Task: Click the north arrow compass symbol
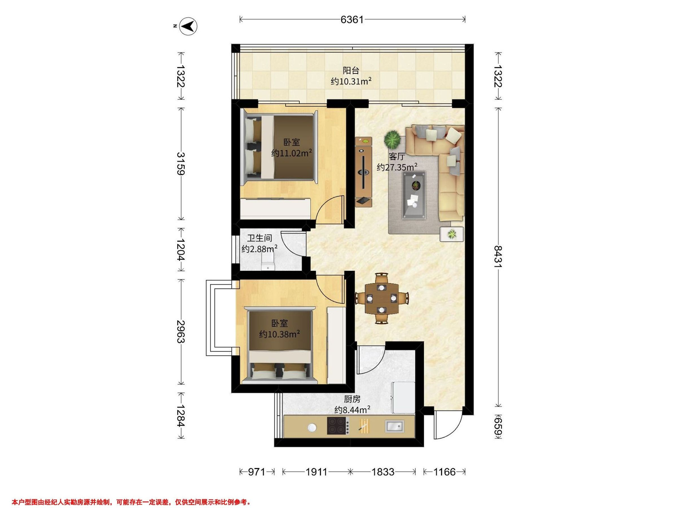(x=188, y=27)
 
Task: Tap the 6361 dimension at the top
(x=352, y=19)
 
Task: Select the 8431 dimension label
(x=498, y=257)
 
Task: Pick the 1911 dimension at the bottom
(x=316, y=472)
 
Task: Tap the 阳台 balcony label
(x=351, y=71)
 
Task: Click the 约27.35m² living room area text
(x=397, y=167)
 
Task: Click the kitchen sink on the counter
(x=394, y=426)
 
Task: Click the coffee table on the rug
(x=414, y=195)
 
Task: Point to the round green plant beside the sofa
(x=392, y=140)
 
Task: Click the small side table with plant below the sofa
(x=451, y=234)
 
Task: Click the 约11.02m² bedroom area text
(x=292, y=153)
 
